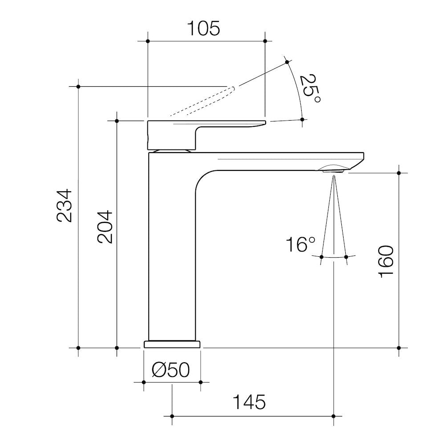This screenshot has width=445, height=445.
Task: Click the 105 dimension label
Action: pyautogui.click(x=203, y=28)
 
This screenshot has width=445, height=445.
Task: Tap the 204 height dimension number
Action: pyautogui.click(x=105, y=226)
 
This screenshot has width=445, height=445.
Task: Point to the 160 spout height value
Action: pyautogui.click(x=386, y=261)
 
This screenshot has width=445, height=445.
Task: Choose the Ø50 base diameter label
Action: pyautogui.click(x=171, y=370)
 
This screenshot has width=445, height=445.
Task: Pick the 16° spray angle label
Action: pyautogui.click(x=300, y=245)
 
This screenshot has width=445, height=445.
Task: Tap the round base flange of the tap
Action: pyautogui.click(x=172, y=344)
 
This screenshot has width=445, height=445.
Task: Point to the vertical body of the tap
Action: pyautogui.click(x=171, y=249)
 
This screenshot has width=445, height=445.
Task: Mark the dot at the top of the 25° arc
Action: pyautogui.click(x=287, y=61)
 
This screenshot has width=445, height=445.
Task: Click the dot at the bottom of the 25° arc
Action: pyautogui.click(x=302, y=119)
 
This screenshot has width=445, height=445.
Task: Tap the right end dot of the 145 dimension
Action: pyautogui.click(x=333, y=416)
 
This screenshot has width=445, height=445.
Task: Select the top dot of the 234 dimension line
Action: pyautogui.click(x=78, y=86)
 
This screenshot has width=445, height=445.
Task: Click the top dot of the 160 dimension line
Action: pyautogui.click(x=399, y=173)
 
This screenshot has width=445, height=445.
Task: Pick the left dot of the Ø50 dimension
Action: pyautogui.click(x=143, y=382)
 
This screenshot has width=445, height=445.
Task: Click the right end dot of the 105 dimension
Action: pyautogui.click(x=265, y=41)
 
